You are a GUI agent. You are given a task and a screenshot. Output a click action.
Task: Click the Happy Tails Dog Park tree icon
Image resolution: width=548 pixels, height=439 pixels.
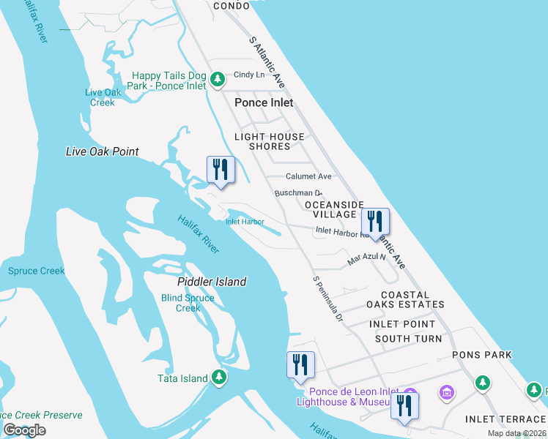(x=217, y=79)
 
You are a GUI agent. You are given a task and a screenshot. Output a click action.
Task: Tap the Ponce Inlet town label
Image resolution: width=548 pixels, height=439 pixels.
(x=264, y=102)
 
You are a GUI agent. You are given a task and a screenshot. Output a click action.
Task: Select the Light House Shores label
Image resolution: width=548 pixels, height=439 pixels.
(x=269, y=141)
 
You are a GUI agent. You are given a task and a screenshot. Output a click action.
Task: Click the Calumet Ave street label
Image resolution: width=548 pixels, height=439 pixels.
(x=308, y=176)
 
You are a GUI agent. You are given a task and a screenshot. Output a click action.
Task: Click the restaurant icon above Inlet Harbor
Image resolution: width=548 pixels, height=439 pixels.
(x=221, y=170)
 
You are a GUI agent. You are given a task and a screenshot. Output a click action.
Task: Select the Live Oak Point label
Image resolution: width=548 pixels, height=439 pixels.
(x=102, y=151)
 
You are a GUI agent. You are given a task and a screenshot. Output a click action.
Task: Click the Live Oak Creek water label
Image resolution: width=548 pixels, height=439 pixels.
(x=103, y=97)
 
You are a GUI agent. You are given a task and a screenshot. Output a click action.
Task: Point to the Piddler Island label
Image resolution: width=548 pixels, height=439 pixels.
(x=212, y=282)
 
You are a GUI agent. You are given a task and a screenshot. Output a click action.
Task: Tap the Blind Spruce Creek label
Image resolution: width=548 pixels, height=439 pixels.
(x=188, y=303)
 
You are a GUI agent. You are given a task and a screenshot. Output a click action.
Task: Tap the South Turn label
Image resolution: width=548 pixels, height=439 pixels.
(x=408, y=339)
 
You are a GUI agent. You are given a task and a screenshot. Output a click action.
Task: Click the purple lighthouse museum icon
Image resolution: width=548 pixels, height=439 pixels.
(x=446, y=394)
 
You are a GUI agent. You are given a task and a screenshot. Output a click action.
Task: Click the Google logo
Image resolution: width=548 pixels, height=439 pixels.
(x=24, y=429)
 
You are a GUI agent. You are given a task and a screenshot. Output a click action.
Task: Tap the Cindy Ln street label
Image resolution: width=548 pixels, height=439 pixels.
(x=249, y=75)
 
